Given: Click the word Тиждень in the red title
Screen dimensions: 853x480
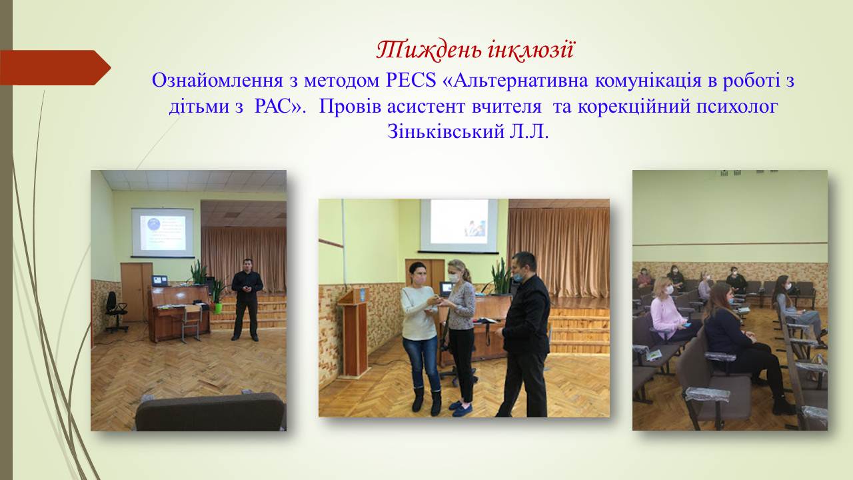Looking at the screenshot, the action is (x=428, y=50).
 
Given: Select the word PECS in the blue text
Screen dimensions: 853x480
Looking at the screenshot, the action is (x=411, y=81).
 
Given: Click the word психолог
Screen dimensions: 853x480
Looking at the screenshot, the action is (x=736, y=107).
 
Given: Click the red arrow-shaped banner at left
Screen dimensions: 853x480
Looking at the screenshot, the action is (x=55, y=68).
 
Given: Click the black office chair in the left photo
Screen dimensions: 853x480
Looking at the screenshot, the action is (x=115, y=311).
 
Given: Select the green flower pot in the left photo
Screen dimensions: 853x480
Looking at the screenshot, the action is (x=217, y=308).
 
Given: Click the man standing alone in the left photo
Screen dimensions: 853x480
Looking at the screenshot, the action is (x=247, y=299).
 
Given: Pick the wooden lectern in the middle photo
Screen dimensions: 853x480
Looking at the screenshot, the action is (x=353, y=332).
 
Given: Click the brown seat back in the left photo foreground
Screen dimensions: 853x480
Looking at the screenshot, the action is (x=211, y=412).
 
